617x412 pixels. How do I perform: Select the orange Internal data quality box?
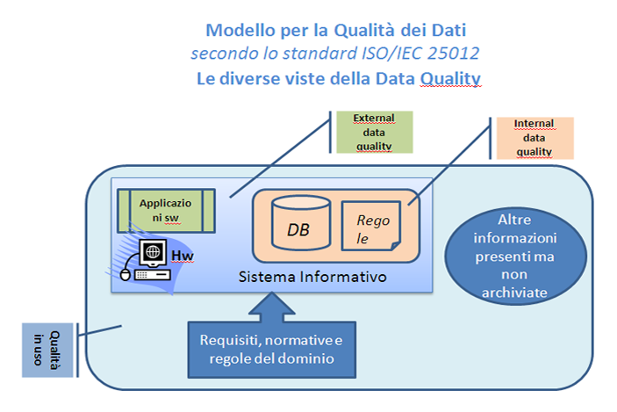tap(534, 138)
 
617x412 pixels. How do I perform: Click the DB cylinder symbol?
tap(301, 221)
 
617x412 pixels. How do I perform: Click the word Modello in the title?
tap(239, 31)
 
